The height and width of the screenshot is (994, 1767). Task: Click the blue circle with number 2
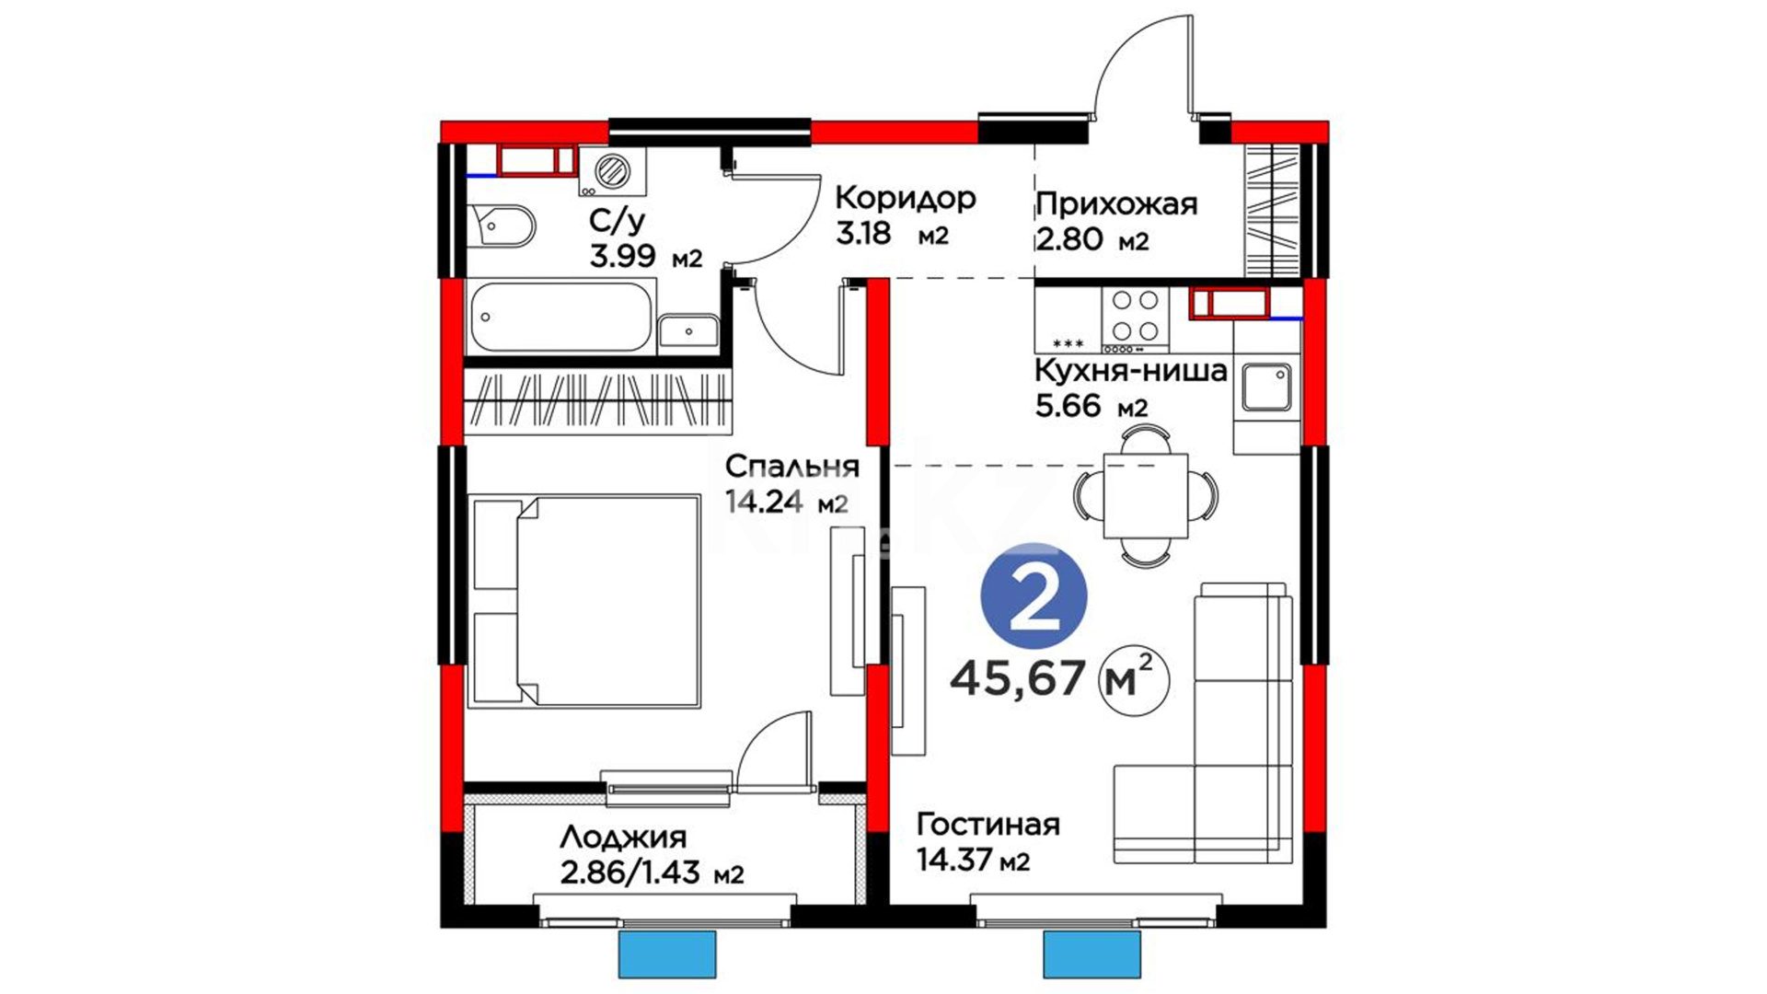1034,595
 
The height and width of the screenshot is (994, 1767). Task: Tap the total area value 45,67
1018,679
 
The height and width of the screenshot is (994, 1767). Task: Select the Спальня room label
791,467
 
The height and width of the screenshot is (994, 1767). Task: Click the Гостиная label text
988,824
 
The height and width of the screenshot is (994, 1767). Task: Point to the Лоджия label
623,838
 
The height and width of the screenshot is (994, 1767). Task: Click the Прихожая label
1116,203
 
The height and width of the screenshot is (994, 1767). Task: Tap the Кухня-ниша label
1131,371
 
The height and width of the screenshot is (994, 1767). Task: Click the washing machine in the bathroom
612,171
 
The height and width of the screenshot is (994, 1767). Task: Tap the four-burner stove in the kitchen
1136,318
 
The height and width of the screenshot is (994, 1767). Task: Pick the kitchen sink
1267,387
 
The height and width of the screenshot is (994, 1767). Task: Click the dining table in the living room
1145,495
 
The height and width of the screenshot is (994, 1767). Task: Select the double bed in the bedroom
584,601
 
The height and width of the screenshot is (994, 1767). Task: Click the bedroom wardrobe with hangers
598,402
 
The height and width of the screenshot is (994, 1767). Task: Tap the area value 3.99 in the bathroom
623,255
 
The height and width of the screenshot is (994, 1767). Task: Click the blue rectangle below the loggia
667,954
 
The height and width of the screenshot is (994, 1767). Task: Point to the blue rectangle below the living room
1091,954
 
